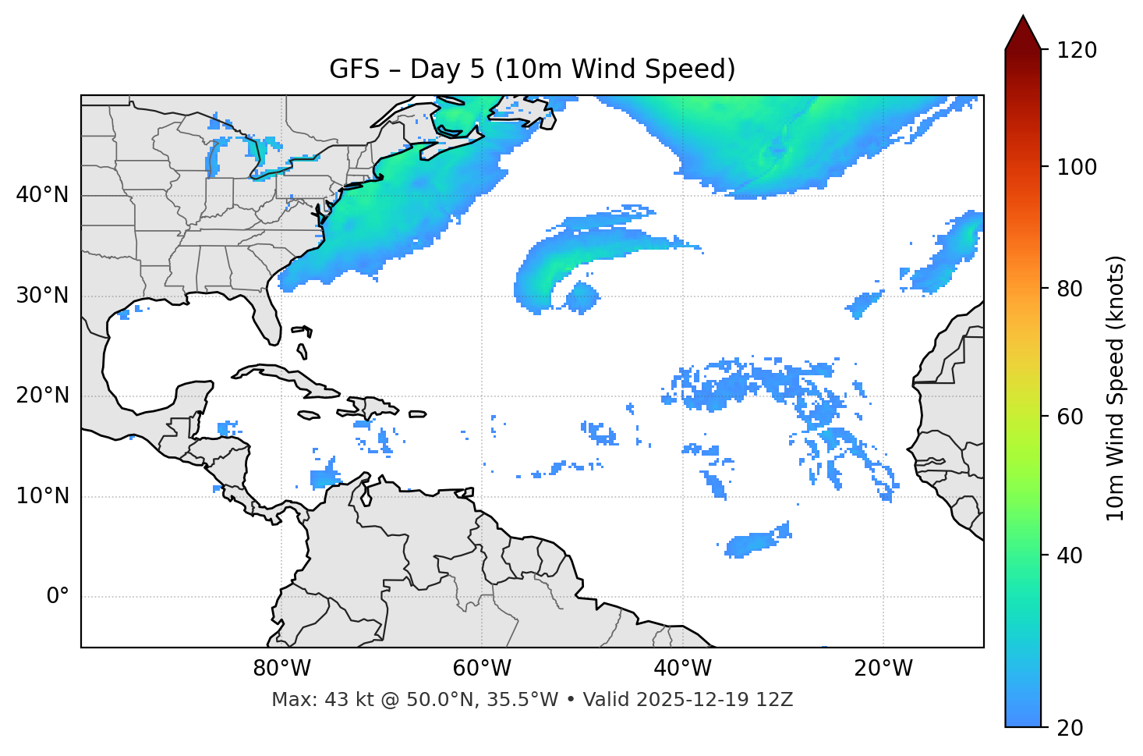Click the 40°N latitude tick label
42,195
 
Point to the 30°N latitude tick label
42,296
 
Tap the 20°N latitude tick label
42,396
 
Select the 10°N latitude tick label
42,496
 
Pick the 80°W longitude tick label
281,669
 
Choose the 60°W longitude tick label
482,669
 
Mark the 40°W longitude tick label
683,669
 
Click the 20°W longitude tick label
883,669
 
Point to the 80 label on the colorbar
1073,289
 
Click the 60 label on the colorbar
1073,417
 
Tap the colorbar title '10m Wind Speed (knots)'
1116,389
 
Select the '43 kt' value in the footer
341,700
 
